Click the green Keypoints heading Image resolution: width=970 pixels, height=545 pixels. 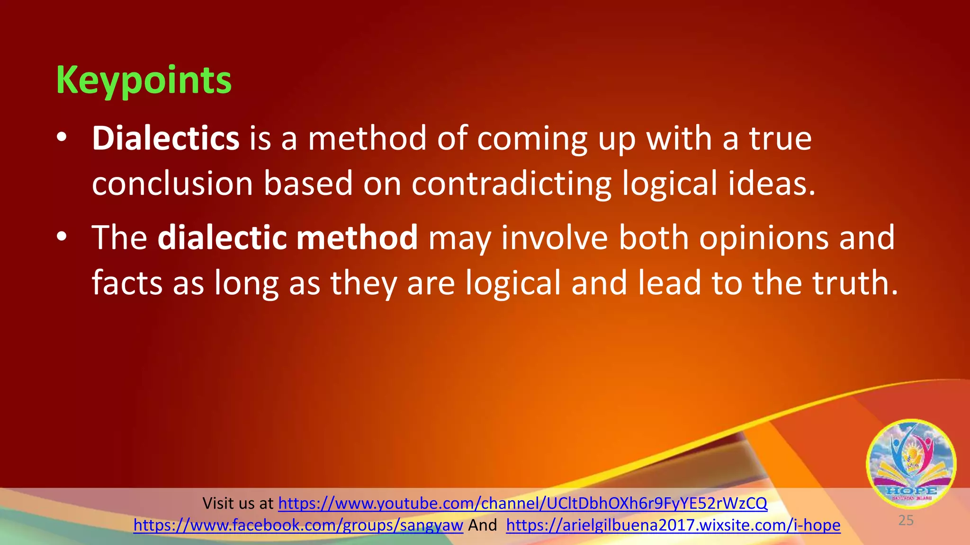[144, 80]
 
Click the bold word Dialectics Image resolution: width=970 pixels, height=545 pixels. [165, 138]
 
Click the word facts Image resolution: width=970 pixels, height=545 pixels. [127, 283]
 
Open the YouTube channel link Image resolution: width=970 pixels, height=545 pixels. [522, 503]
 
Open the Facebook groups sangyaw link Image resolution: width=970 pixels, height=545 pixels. [298, 525]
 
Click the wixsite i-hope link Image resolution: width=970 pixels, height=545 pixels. [673, 525]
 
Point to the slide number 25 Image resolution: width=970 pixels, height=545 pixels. [906, 520]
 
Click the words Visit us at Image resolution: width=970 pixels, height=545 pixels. [238, 503]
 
